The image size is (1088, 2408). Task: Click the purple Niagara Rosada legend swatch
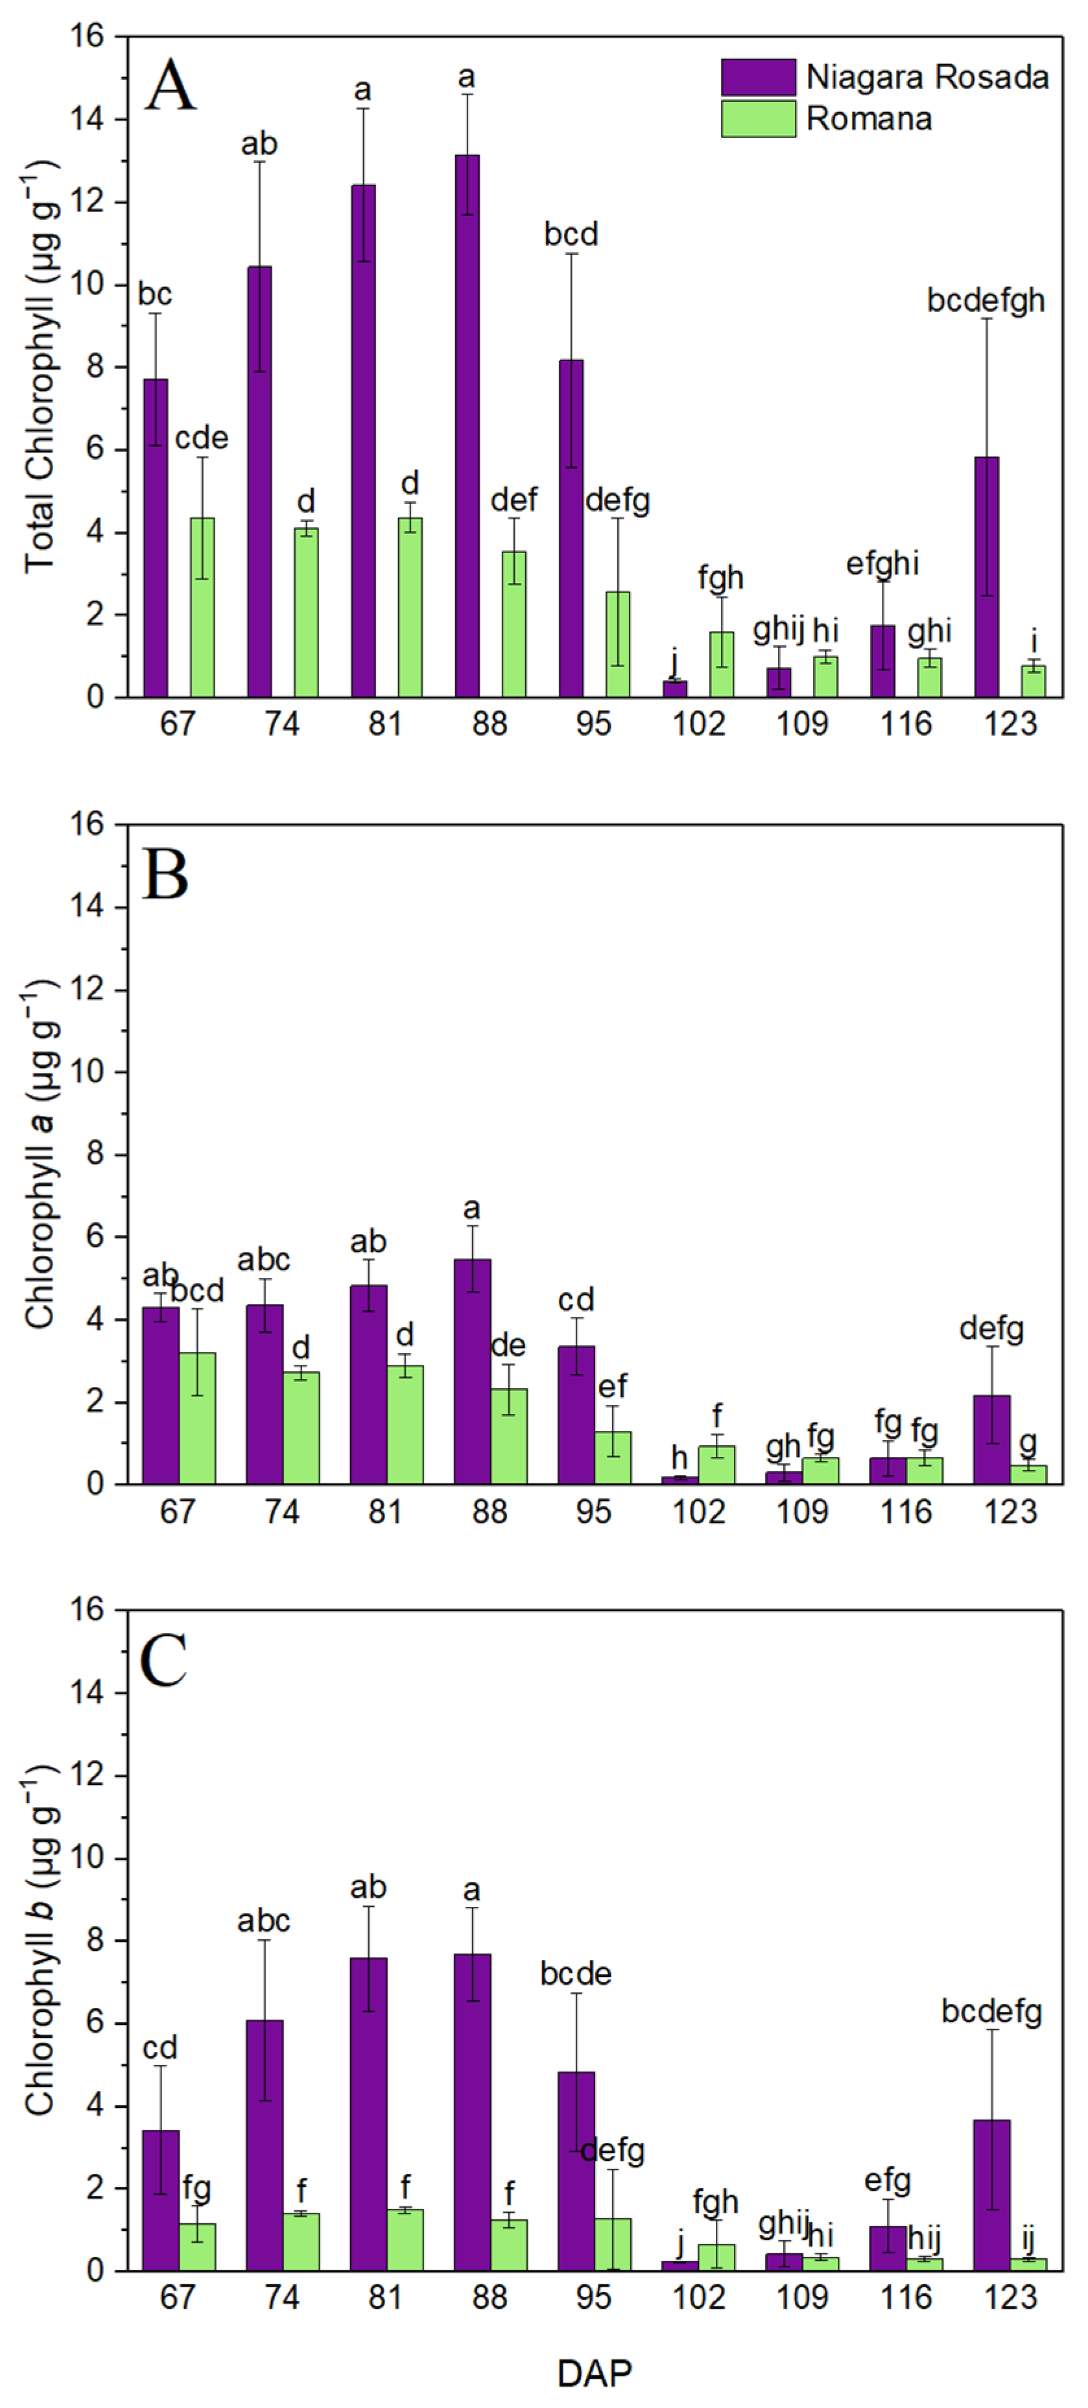point(757,77)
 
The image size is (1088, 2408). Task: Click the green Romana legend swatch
point(757,119)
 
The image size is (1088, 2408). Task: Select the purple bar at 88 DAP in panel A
point(466,425)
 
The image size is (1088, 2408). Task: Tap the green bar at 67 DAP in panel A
point(202,608)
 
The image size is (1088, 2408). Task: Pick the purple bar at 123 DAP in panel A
point(986,577)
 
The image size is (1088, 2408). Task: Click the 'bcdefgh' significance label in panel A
point(985,300)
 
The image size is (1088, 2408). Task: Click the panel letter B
point(165,875)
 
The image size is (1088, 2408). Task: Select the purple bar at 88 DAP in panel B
point(472,1371)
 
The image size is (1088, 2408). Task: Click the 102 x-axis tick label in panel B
point(698,1511)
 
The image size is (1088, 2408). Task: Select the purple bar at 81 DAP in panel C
point(368,2114)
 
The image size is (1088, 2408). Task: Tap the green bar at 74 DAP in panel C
point(301,2241)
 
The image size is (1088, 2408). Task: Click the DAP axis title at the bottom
point(593,2372)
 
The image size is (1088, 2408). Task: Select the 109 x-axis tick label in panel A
point(802,724)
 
